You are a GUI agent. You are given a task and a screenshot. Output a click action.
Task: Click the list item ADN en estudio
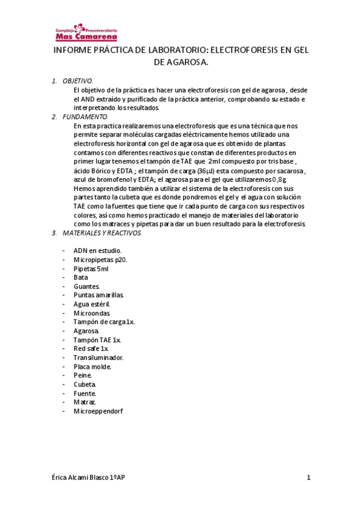[97, 250]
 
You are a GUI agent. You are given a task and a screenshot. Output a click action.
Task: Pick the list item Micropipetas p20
[100, 259]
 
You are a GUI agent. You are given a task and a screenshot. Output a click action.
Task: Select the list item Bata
[80, 277]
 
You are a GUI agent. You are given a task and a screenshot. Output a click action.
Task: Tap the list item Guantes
[86, 286]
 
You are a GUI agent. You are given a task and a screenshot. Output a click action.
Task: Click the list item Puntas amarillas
[99, 295]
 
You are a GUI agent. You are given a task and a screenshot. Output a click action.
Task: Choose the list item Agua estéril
[92, 304]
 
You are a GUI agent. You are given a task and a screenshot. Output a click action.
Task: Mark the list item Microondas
[92, 313]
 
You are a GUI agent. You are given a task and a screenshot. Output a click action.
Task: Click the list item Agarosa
[86, 331]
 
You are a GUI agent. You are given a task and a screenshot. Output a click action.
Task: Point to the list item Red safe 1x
[91, 348]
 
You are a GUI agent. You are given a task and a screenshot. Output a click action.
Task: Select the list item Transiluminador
[99, 357]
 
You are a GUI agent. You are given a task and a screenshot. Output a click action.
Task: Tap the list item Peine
[83, 375]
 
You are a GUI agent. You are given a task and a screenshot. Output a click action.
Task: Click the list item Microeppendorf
[98, 411]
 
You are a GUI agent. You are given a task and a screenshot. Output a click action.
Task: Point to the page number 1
[308, 478]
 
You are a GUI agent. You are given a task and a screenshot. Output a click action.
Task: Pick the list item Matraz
[85, 402]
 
